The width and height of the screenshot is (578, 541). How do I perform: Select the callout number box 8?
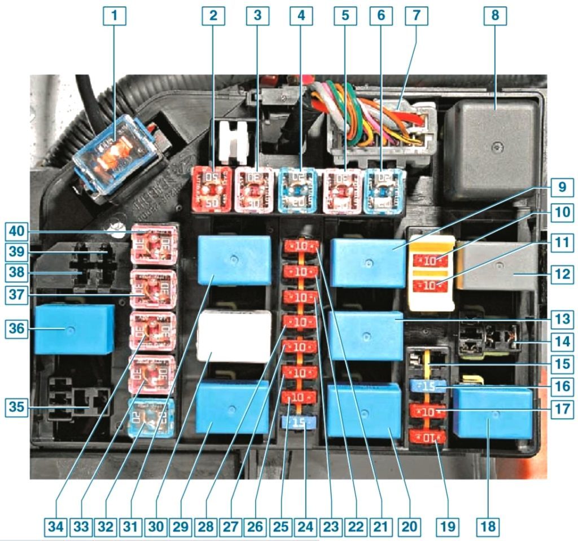coord(495,16)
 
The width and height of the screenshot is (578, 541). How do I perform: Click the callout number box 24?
coord(305,527)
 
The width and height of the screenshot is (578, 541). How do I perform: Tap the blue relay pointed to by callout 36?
coord(74,329)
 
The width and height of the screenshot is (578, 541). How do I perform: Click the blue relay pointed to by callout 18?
coord(493,414)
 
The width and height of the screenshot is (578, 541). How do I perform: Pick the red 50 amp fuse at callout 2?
coord(211,189)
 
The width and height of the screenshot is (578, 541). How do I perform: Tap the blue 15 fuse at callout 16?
coord(428,386)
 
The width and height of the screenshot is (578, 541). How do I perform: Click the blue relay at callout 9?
coord(368,263)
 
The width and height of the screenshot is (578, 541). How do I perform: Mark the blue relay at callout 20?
coord(364,410)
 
